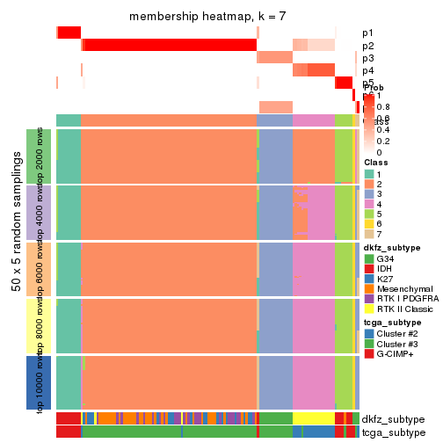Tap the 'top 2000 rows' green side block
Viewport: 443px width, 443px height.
33,156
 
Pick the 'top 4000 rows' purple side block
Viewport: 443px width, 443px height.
33,212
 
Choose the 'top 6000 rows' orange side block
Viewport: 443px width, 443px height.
33,269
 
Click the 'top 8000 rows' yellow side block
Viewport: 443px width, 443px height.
33,325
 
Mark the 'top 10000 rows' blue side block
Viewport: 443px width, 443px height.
33,382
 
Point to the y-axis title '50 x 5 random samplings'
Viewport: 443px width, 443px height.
15,268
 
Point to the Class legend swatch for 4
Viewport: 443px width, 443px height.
369,209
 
